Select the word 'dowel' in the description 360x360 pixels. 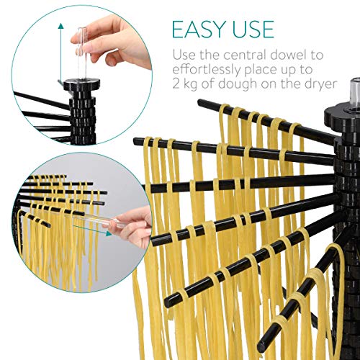pyautogui.click(x=289, y=55)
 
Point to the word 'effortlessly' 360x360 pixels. pyautogui.click(x=207, y=70)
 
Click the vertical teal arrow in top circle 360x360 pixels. pyautogui.click(x=61, y=53)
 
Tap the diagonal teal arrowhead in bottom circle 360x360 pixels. pyautogui.click(x=109, y=233)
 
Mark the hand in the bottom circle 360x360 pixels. pyautogui.click(x=130, y=225)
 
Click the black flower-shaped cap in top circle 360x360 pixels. pyautogui.click(x=82, y=84)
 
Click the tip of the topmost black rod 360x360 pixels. pyautogui.click(x=200, y=102)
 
